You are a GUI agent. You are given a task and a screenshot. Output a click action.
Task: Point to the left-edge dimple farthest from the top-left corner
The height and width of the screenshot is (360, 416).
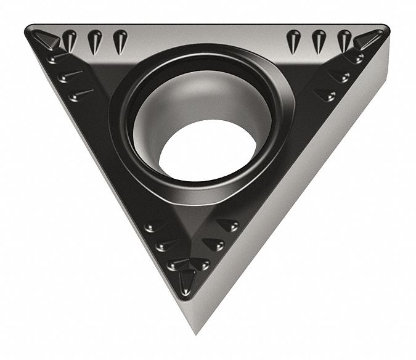pos(80,94)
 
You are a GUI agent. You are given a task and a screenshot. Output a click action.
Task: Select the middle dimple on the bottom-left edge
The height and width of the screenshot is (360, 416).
pos(164,245)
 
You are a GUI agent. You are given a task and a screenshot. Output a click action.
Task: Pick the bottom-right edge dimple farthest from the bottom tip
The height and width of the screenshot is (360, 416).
pos(229,225)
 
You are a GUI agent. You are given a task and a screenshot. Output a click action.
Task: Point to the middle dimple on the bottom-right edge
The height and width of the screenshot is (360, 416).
pos(214,244)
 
